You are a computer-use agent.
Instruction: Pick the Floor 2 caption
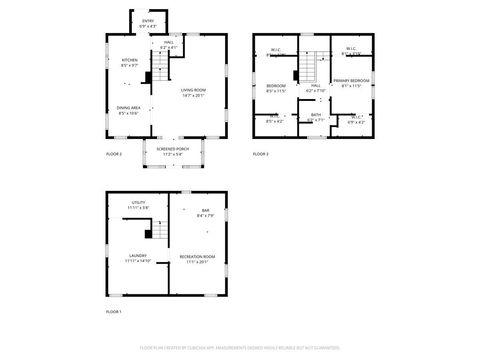click(114, 154)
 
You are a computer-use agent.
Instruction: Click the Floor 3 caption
click(260, 154)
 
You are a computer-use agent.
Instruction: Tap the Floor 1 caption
click(114, 313)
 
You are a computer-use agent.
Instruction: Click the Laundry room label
click(138, 258)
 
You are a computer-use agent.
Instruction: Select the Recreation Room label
click(194, 259)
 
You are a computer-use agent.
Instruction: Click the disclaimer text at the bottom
click(239, 348)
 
